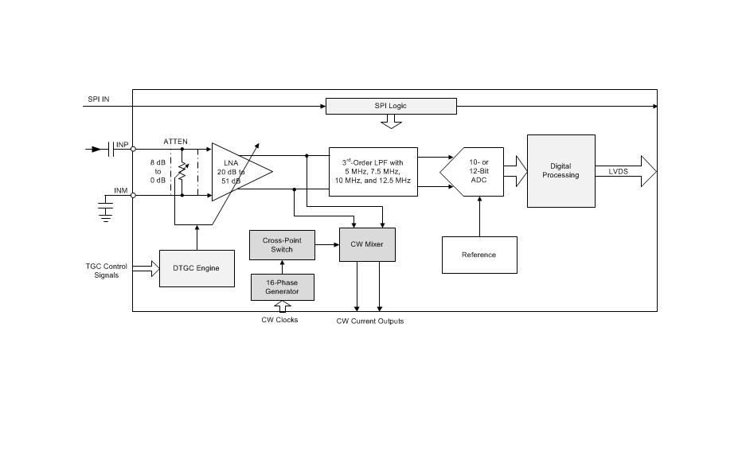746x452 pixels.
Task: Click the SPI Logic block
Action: pos(391,106)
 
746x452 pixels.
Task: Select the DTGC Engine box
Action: pos(197,267)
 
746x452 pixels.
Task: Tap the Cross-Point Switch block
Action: pos(282,244)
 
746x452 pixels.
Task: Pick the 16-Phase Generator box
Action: pos(282,286)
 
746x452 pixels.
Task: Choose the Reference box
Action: pos(478,255)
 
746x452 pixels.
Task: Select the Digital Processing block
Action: pos(560,170)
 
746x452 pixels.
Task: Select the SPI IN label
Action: pos(98,100)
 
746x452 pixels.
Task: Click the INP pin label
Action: pos(122,145)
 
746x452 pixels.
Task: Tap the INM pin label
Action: pos(122,189)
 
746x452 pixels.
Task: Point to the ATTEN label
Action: pos(175,141)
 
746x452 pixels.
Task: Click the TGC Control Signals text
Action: pos(106,271)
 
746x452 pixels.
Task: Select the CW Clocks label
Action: pos(279,320)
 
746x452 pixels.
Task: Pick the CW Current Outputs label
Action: pos(369,321)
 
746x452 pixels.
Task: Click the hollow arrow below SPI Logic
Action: pos(391,122)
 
